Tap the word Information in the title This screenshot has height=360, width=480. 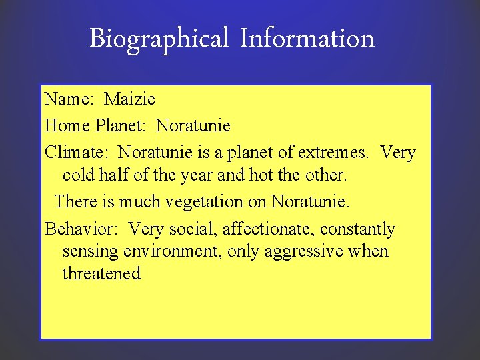click(307, 38)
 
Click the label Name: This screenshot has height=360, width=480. click(69, 99)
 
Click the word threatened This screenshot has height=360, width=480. click(101, 274)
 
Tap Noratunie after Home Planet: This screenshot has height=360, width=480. click(193, 125)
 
